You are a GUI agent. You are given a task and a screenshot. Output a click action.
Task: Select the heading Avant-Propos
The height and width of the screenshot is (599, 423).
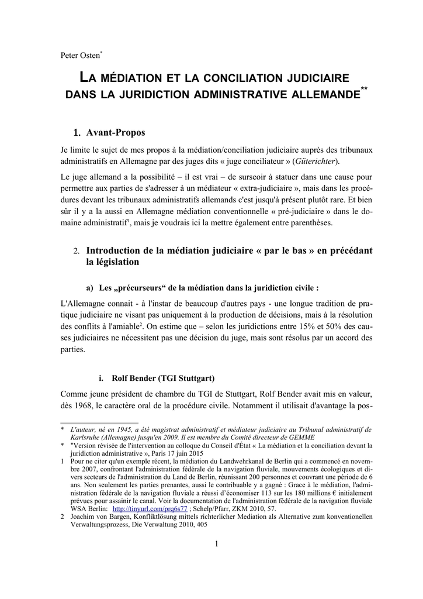coord(116,132)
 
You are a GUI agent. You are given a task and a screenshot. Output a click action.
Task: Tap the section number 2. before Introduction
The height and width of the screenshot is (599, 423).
coord(77,251)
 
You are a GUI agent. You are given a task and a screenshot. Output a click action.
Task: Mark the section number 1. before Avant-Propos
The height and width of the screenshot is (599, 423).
coord(76,133)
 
